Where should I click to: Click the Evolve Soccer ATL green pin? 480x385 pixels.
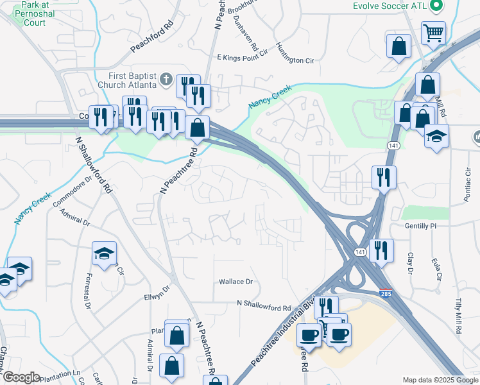pos(438,6)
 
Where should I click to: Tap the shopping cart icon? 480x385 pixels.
pos(434,31)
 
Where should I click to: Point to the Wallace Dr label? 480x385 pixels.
pos(236,282)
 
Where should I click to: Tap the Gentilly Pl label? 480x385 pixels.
pos(420,226)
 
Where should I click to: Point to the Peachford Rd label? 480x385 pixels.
pos(152,38)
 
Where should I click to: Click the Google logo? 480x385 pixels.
pos(21,377)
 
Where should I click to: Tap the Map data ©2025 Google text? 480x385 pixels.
pos(440,380)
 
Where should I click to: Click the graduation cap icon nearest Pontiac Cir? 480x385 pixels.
pos(437,136)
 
